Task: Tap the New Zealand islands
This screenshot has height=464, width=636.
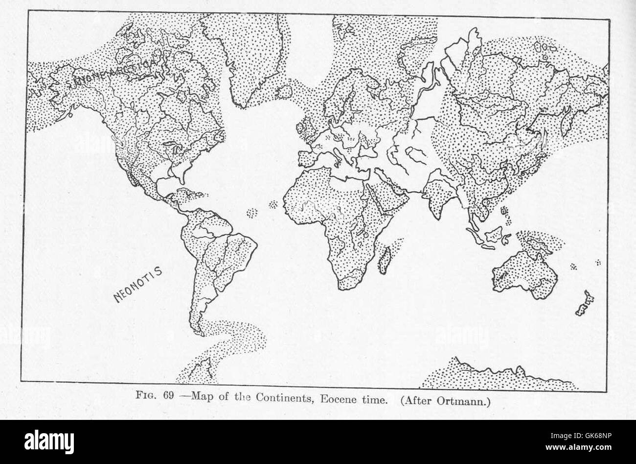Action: pos(584,304)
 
